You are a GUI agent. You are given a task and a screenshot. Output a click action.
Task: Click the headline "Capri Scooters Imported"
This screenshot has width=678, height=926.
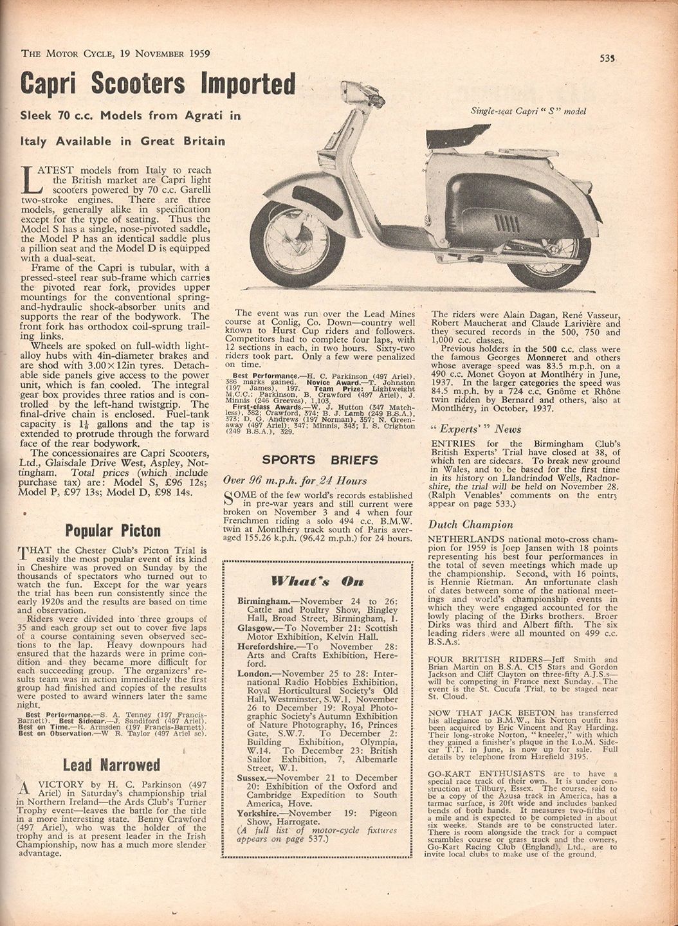158,84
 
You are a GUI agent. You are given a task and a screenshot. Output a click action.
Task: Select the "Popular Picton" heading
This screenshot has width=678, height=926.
113,531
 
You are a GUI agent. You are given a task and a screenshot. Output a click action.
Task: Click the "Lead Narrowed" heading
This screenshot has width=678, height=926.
111,765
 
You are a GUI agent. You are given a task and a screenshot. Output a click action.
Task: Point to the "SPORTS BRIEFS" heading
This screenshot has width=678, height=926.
320,460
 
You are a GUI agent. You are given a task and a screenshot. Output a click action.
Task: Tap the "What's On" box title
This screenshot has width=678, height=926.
317,581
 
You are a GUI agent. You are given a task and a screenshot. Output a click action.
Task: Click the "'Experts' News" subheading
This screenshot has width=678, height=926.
475,429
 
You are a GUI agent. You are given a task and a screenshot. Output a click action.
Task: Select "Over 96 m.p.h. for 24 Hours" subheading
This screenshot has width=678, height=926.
295,480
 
